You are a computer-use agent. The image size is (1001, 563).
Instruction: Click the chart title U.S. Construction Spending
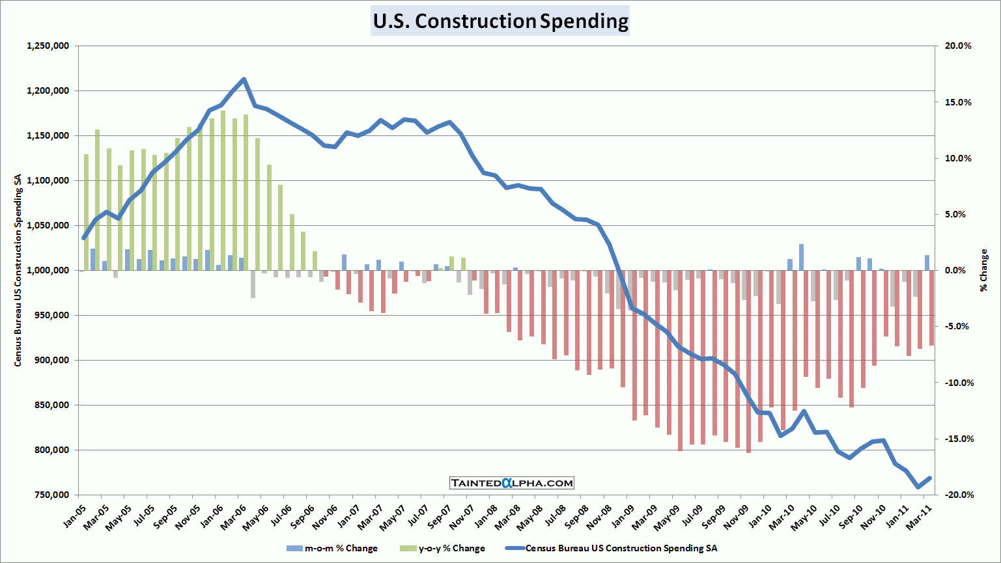500,21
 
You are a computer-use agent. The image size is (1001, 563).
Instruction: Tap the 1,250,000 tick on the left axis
48,46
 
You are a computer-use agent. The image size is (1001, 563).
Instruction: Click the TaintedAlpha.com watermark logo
512,483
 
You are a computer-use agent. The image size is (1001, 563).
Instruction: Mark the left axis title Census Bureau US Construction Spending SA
18,270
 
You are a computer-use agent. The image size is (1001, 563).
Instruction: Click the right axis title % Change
984,270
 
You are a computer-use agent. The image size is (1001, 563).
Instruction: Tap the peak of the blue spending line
244,79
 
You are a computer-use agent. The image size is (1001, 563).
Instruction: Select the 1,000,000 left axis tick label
48,270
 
